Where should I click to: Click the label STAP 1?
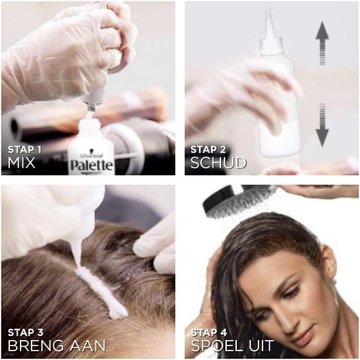[24, 150]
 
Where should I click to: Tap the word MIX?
[22, 163]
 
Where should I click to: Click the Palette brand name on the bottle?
[92, 165]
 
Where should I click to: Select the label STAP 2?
[208, 150]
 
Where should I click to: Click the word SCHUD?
[219, 163]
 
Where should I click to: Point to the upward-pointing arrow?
[322, 44]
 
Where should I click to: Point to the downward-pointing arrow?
[322, 125]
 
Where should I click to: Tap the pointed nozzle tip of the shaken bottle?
[268, 9]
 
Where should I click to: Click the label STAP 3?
[25, 332]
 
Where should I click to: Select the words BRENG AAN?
[57, 346]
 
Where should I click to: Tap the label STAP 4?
[208, 332]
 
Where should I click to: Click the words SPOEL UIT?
[232, 346]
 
